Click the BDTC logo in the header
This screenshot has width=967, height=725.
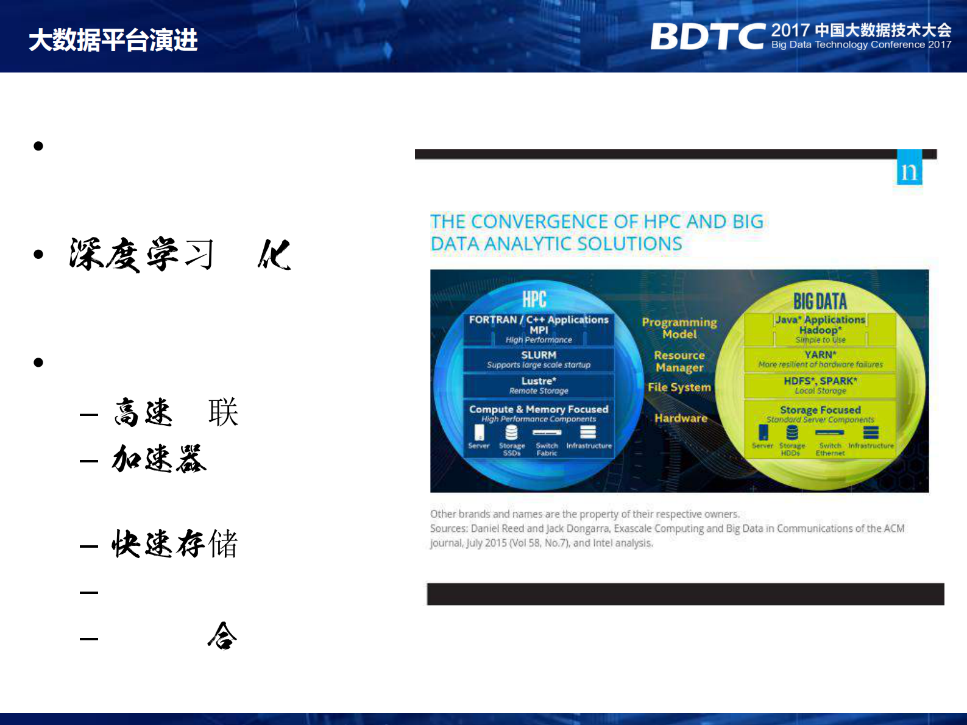tap(707, 37)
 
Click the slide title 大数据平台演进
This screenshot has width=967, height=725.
tap(113, 40)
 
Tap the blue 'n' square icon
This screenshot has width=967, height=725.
tap(909, 170)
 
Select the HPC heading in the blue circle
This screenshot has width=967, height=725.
tap(534, 300)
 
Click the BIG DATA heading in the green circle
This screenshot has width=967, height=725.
tap(820, 301)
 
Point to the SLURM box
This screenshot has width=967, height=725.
tap(539, 359)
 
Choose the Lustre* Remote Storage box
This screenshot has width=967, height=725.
tap(539, 385)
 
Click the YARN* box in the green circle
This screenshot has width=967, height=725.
tap(820, 359)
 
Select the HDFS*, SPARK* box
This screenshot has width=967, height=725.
tap(820, 385)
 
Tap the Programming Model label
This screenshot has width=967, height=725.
tap(679, 328)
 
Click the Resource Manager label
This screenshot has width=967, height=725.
tap(679, 361)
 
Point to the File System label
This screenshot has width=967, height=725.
tap(679, 387)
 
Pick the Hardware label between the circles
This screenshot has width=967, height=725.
tap(681, 418)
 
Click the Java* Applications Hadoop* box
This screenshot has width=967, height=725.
tap(820, 329)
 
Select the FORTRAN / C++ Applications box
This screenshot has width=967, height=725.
tap(539, 329)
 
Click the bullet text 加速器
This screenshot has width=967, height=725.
tap(160, 459)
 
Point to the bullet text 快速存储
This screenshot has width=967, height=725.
tap(175, 543)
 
